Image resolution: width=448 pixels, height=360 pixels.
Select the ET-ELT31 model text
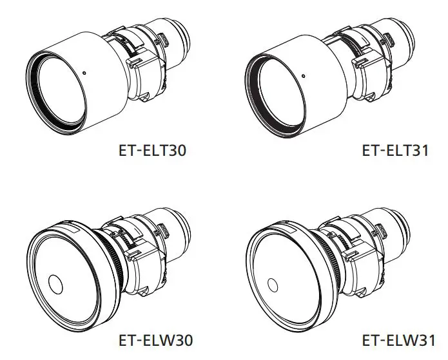pyautogui.click(x=394, y=151)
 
